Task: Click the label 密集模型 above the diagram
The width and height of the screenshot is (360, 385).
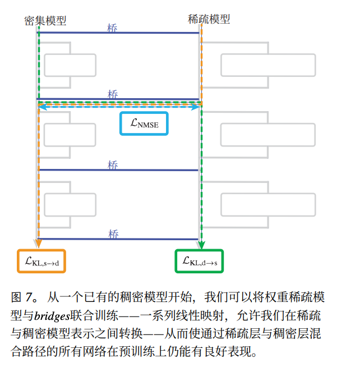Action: tap(45, 21)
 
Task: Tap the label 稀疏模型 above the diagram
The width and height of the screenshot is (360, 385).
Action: tap(209, 20)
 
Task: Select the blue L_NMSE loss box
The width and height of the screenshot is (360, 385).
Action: tap(145, 124)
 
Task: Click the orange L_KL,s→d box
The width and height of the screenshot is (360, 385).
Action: tap(41, 261)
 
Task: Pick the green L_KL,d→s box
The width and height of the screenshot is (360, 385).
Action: tap(199, 261)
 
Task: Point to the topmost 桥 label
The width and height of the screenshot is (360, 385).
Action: tap(113, 27)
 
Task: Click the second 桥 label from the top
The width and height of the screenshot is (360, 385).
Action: tap(113, 94)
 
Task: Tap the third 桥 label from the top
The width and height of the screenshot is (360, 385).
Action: tap(113, 165)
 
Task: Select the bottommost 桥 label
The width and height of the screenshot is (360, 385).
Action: tap(113, 234)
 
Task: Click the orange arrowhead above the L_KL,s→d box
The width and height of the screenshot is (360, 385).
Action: tap(39, 244)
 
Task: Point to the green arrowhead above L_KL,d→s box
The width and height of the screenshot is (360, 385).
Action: tap(201, 244)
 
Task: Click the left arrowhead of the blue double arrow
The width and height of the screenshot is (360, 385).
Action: tap(40, 107)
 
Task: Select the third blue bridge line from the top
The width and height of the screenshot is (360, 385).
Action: tap(118, 170)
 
